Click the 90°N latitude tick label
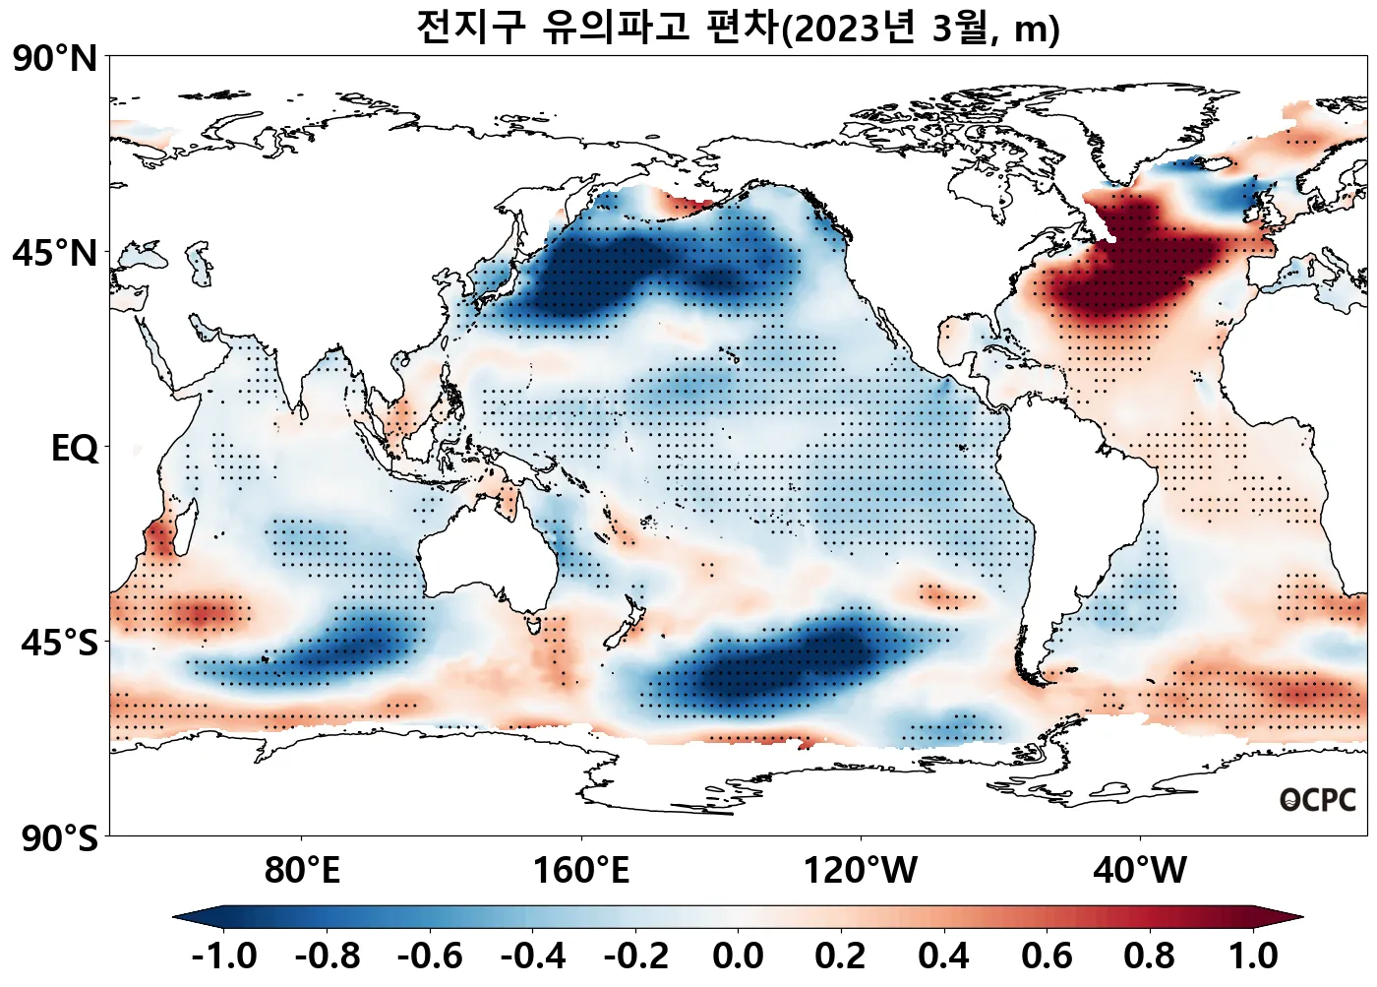(x=55, y=59)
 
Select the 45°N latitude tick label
(x=55, y=253)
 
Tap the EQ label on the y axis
(x=75, y=449)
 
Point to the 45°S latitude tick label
(x=59, y=643)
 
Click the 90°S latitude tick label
(x=59, y=838)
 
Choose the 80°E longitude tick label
(x=302, y=871)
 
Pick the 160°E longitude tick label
(x=580, y=871)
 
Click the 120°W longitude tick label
(x=861, y=871)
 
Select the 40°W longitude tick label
(x=1140, y=871)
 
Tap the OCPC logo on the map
(x=1318, y=801)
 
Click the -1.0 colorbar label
(x=224, y=956)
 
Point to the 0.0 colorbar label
(x=738, y=956)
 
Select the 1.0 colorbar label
(x=1253, y=956)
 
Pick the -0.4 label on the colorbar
(x=532, y=956)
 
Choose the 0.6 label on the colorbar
(x=1047, y=956)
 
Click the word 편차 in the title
(x=743, y=28)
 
